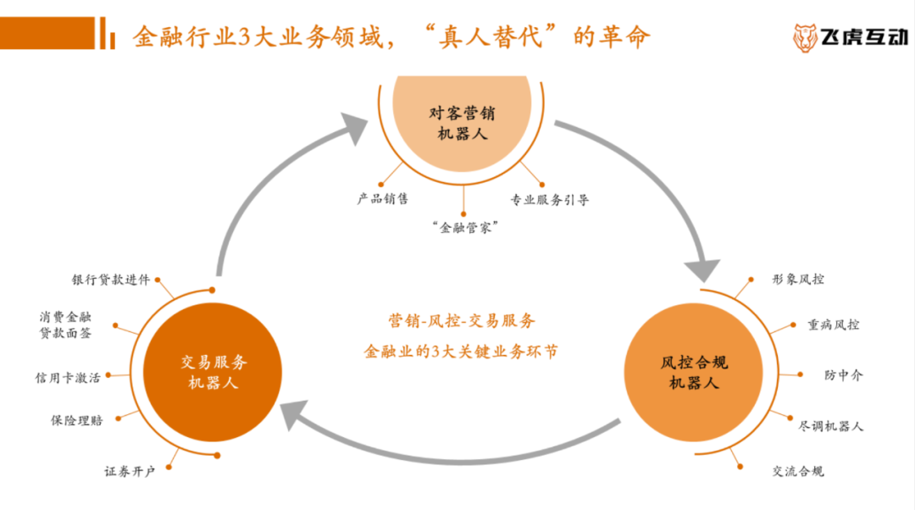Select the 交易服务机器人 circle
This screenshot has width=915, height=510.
point(213,371)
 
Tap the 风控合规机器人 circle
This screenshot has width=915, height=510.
point(693,372)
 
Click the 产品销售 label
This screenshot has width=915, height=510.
point(382,199)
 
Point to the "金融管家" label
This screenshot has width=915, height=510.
point(463,227)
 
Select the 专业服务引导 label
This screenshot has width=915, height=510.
point(549,200)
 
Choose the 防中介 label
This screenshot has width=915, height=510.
point(844,374)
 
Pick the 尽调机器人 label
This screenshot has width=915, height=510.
point(830,425)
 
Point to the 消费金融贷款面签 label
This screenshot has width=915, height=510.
point(65,324)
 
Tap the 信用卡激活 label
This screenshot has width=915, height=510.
point(67,377)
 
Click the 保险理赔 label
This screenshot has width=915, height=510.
point(76,419)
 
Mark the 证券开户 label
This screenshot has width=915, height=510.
point(130,471)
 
